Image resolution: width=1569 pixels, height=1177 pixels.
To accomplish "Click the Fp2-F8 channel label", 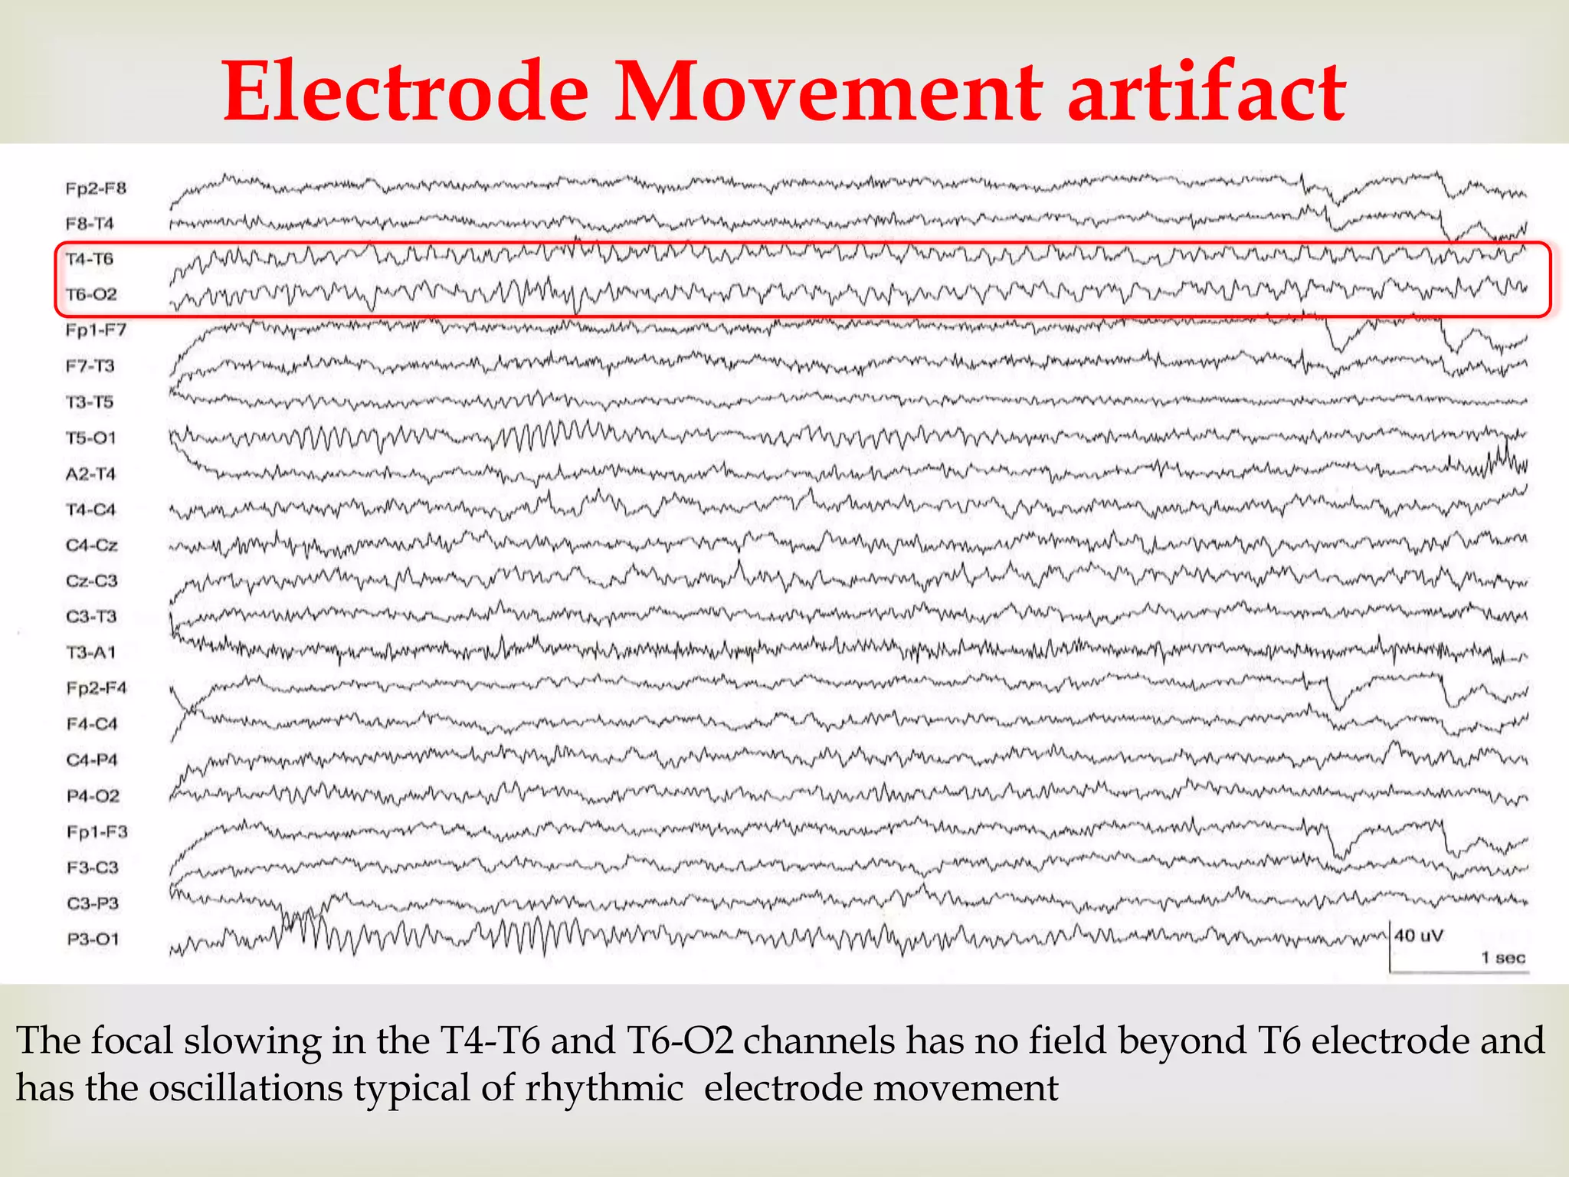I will pyautogui.click(x=96, y=189).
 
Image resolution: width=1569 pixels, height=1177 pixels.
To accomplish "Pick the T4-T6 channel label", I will pyautogui.click(x=90, y=259).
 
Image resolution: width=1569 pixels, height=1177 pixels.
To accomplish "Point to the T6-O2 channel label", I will pyautogui.click(x=91, y=294).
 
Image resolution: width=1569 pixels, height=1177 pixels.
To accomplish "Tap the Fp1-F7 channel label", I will pyautogui.click(x=96, y=330).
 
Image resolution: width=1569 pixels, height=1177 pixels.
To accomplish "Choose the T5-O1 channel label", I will pyautogui.click(x=91, y=438).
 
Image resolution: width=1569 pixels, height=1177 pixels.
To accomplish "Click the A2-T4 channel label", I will pyautogui.click(x=90, y=474).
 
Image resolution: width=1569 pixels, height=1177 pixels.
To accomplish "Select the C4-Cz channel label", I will pyautogui.click(x=92, y=545).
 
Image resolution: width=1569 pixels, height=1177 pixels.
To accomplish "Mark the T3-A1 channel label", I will pyautogui.click(x=90, y=652).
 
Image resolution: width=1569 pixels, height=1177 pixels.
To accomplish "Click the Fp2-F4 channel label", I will pyautogui.click(x=97, y=688).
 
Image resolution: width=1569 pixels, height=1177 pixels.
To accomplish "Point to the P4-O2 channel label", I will pyautogui.click(x=93, y=796).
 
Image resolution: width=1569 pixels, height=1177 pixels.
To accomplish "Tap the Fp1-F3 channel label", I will pyautogui.click(x=97, y=831).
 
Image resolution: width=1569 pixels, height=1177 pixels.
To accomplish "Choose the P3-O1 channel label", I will pyautogui.click(x=93, y=939).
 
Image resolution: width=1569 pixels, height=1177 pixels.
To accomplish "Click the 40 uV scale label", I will pyautogui.click(x=1418, y=936).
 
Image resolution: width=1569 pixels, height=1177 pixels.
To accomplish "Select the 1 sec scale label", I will pyautogui.click(x=1502, y=958).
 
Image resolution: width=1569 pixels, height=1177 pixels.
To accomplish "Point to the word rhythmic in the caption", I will pyautogui.click(x=603, y=1088).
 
